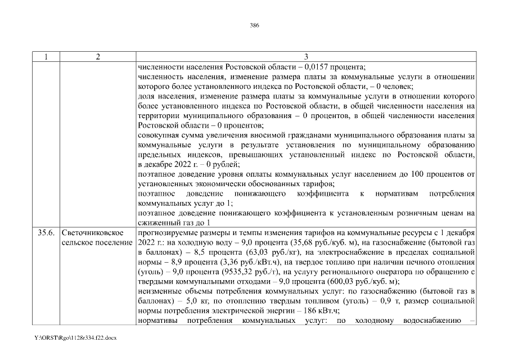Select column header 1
coord(46,57)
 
